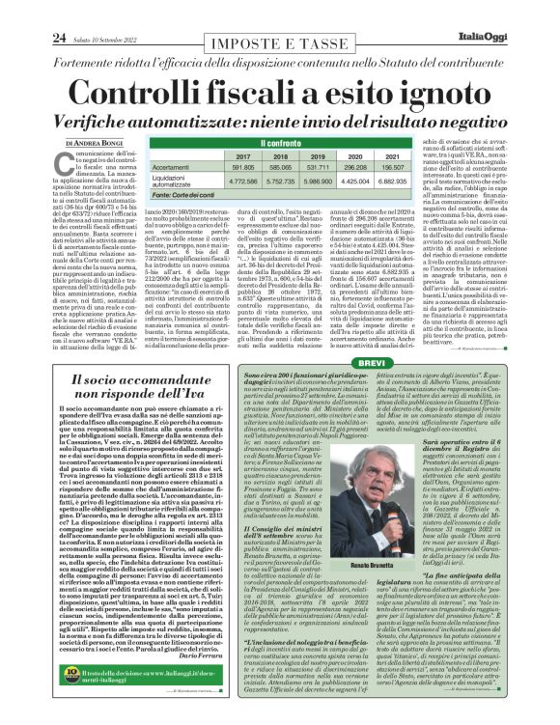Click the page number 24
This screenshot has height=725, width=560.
point(30,11)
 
